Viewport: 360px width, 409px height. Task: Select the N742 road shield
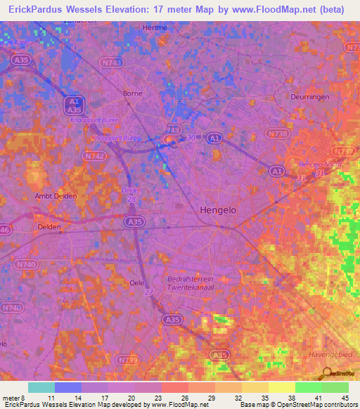click(95, 156)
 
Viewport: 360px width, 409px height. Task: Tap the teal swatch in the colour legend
click(41, 387)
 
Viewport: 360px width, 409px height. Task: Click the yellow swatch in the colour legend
click(282, 387)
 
